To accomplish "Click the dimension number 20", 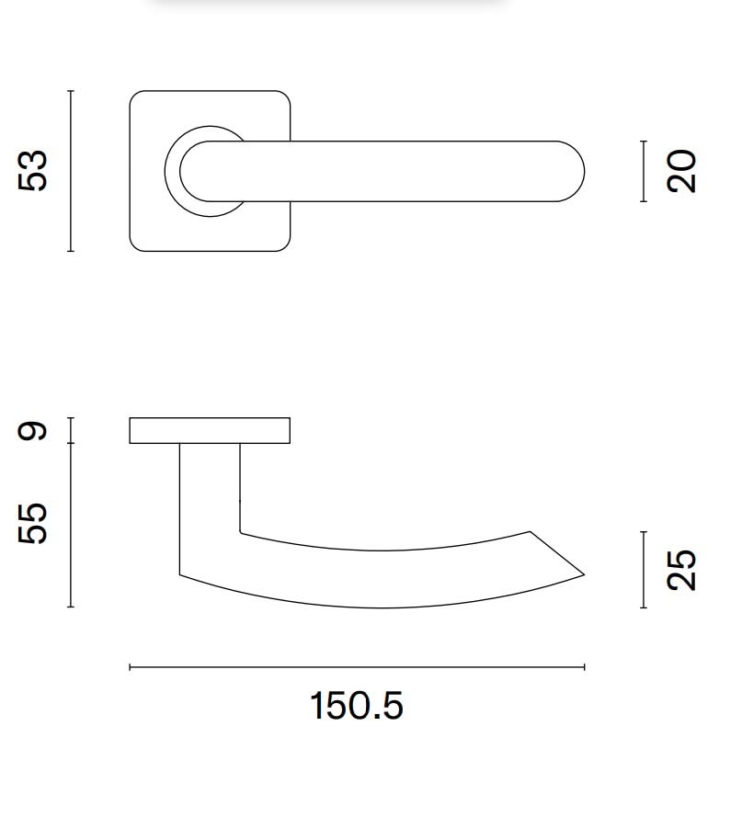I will (682, 171).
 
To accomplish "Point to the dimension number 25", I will (682, 570).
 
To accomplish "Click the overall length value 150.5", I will (356, 707).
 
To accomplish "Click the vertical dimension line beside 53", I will (71, 171).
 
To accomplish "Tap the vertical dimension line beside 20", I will (644, 171).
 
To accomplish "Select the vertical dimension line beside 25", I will (644, 570).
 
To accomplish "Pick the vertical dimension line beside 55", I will (71, 525).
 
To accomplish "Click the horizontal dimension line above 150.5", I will (357, 667).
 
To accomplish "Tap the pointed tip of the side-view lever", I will (582, 575).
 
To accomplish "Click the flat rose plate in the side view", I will (210, 431).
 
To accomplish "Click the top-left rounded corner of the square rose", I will (135, 96).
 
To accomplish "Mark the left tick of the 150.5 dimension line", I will (130, 667).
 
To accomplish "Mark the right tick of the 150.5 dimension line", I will (585, 667).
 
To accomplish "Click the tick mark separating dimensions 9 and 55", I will (71, 444).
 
